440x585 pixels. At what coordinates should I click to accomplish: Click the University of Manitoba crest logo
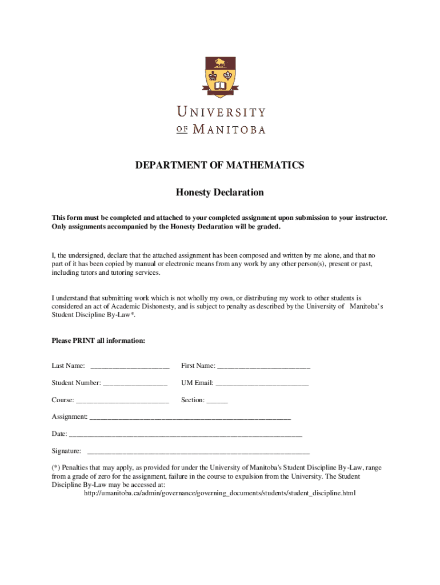[x=220, y=77]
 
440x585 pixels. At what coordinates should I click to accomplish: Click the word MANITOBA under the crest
[x=229, y=129]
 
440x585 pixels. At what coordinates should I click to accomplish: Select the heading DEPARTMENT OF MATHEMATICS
[x=219, y=166]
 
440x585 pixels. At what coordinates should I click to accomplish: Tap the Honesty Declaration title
[x=219, y=193]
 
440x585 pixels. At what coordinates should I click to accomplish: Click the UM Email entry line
[x=262, y=384]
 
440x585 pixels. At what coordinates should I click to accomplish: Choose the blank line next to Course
[x=122, y=401]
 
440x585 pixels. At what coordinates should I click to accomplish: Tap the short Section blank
[x=217, y=401]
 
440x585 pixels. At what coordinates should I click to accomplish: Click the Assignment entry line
[x=190, y=418]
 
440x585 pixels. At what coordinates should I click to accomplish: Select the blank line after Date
[x=185, y=435]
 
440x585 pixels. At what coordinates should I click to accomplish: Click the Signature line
[x=198, y=452]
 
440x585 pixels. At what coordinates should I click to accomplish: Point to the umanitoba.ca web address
[x=220, y=493]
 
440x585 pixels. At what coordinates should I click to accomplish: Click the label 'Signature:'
[x=66, y=451]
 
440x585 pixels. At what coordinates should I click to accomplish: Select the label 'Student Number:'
[x=77, y=383]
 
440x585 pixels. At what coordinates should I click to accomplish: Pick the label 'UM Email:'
[x=197, y=383]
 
